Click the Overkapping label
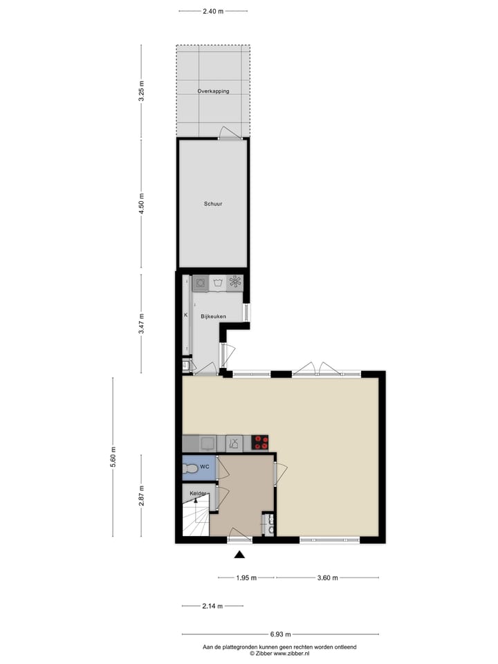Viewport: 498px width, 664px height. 212,91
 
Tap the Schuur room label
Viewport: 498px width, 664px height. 212,204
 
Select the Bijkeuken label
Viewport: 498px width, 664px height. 213,316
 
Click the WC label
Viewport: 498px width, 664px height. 204,468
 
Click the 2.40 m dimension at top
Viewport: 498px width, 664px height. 212,11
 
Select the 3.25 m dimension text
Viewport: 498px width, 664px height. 142,91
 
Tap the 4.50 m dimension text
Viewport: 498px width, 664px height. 142,204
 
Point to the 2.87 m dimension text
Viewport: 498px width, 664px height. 142,495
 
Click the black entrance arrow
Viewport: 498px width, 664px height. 239,554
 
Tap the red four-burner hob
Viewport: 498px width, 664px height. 260,443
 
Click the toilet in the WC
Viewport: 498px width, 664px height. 190,468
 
